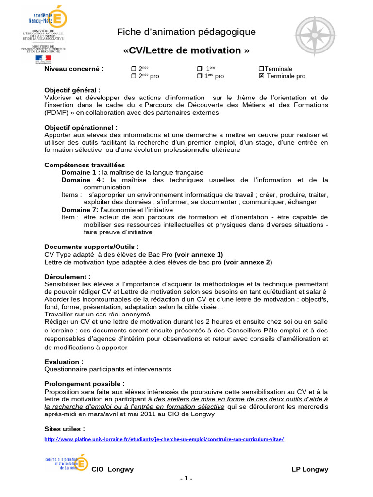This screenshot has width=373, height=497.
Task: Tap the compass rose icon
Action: coord(315,36)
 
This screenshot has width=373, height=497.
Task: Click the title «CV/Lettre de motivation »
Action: coord(186,50)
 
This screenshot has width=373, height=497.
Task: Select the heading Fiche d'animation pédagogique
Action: coord(186,32)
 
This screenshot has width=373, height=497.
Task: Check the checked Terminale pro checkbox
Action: coord(262,76)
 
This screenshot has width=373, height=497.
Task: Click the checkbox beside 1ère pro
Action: coord(199,76)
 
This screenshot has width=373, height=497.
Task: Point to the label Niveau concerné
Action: coord(74,69)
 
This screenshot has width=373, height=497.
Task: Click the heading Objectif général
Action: coord(73,90)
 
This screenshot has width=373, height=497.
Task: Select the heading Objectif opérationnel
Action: coord(81,128)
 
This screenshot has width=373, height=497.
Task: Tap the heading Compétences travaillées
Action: coord(85,165)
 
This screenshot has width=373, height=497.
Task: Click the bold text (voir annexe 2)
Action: coord(248,262)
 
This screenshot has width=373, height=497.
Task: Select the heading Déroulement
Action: coord(68,277)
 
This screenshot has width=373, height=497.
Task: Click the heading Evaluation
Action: coord(64,362)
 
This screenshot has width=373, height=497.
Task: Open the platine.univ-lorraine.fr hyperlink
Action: coord(164,439)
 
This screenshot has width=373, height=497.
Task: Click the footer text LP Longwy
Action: coord(310,469)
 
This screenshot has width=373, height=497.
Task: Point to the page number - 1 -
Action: coord(186,479)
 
